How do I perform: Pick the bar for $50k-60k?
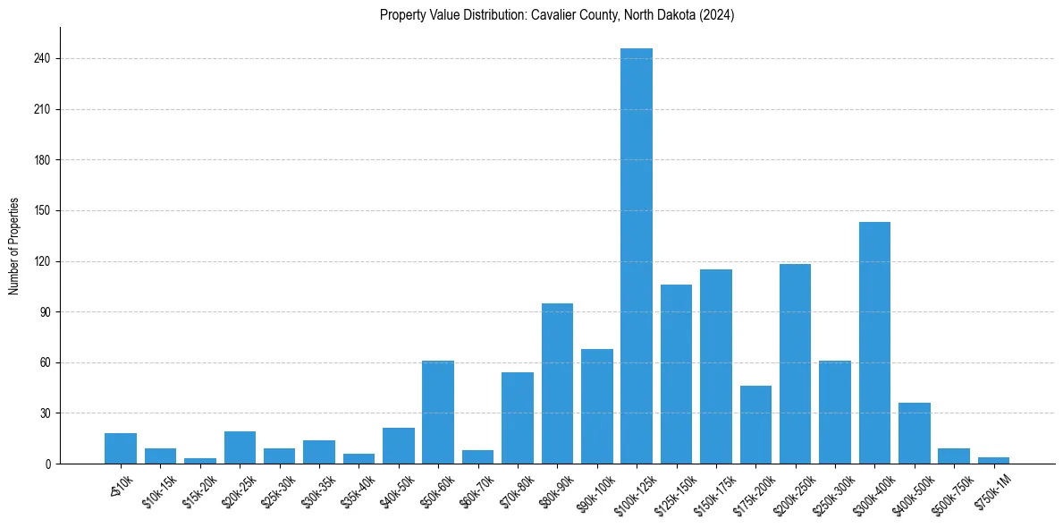coord(438,412)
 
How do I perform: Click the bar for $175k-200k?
coord(755,424)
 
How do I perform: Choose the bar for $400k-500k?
coord(914,433)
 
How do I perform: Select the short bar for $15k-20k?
coord(200,461)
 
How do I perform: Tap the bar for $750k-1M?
coord(993,460)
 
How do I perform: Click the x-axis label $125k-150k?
coord(672,490)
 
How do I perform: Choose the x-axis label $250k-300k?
coord(831,490)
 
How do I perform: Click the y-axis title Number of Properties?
coord(14,246)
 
